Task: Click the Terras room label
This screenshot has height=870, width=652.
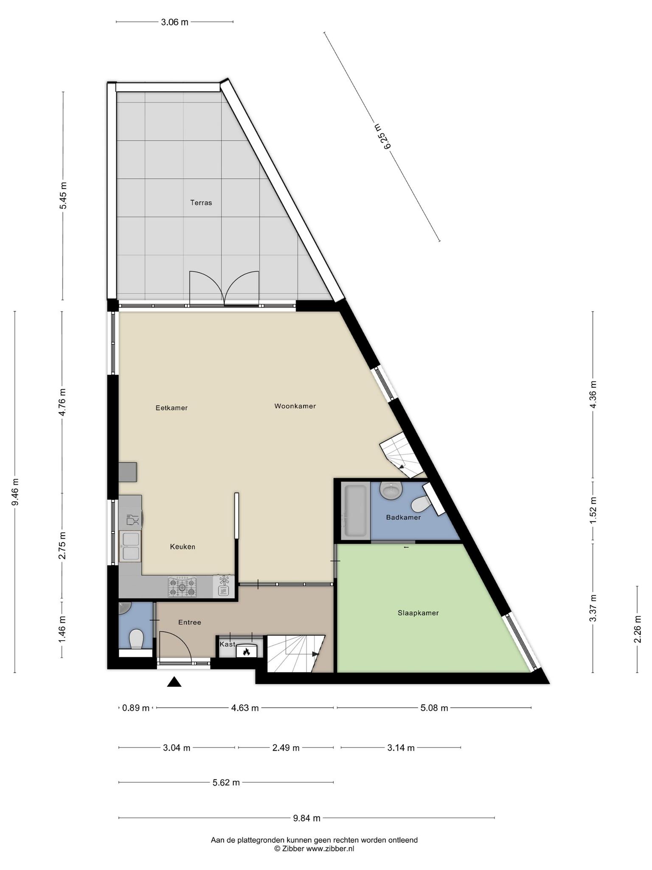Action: pyautogui.click(x=201, y=203)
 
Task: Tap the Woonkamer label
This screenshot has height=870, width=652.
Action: pyautogui.click(x=295, y=406)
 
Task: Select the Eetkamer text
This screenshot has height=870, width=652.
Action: pyautogui.click(x=171, y=408)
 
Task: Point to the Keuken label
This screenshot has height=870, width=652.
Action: pyautogui.click(x=183, y=547)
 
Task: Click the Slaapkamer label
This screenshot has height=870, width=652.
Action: pyautogui.click(x=418, y=613)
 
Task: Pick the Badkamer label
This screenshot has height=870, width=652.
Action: pyautogui.click(x=403, y=517)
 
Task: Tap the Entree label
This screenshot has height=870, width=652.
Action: pyautogui.click(x=189, y=622)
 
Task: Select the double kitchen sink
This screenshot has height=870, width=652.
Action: pyautogui.click(x=130, y=546)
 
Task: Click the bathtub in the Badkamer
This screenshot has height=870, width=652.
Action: pyautogui.click(x=355, y=511)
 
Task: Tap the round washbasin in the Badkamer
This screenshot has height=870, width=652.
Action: pyautogui.click(x=391, y=491)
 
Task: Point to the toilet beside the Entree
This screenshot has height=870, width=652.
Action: pyautogui.click(x=136, y=638)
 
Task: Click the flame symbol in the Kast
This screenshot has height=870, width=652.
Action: pyautogui.click(x=246, y=652)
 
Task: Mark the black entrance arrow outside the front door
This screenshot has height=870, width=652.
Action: pyautogui.click(x=174, y=682)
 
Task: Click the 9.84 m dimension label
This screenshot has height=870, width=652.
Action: pyautogui.click(x=306, y=818)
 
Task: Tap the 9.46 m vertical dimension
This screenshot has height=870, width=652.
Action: pyautogui.click(x=15, y=492)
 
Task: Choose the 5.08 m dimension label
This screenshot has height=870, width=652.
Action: pyautogui.click(x=434, y=708)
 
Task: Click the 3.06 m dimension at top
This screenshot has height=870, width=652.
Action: pyautogui.click(x=174, y=22)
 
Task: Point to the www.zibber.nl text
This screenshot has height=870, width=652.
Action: pyautogui.click(x=330, y=848)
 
